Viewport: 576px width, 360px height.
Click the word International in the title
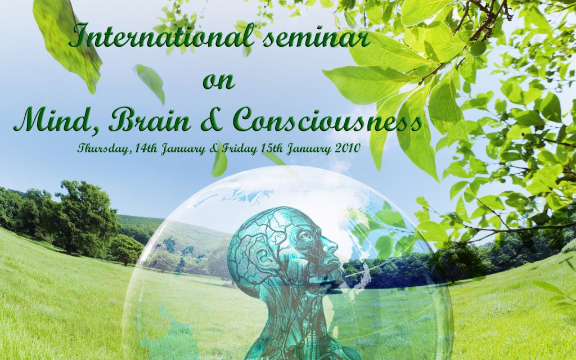tap(162, 35)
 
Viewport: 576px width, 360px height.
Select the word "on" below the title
tap(219, 81)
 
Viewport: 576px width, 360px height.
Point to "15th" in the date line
tap(272, 148)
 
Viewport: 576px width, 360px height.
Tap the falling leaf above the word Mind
tap(150, 83)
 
